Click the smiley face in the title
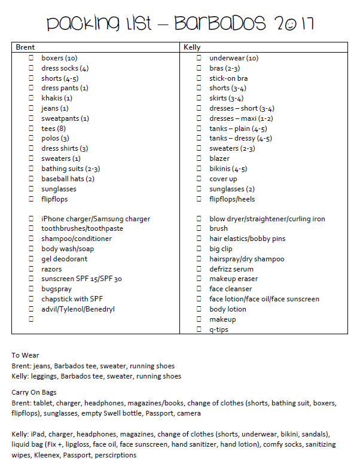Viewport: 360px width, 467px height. pyautogui.click(x=289, y=25)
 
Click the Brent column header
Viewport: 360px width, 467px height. pyautogui.click(x=25, y=47)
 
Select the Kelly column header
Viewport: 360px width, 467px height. pyautogui.click(x=192, y=47)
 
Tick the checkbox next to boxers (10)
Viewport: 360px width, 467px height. pyautogui.click(x=31, y=58)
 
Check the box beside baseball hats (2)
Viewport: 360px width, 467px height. pyautogui.click(x=31, y=179)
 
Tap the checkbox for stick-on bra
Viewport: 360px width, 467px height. pyautogui.click(x=199, y=78)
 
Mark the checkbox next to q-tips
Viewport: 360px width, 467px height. pyautogui.click(x=199, y=329)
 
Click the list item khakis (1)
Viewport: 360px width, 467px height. pyautogui.click(x=56, y=98)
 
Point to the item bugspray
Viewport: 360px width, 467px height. pyautogui.click(x=56, y=289)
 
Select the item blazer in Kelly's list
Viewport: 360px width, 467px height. pyautogui.click(x=219, y=158)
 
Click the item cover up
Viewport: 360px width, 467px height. pyautogui.click(x=223, y=179)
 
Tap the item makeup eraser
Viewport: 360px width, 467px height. pyautogui.click(x=233, y=279)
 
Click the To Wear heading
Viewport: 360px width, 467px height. pyautogui.click(x=25, y=355)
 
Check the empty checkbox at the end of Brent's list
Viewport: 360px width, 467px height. pyautogui.click(x=31, y=319)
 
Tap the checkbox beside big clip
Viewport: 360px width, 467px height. pyautogui.click(x=199, y=249)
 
